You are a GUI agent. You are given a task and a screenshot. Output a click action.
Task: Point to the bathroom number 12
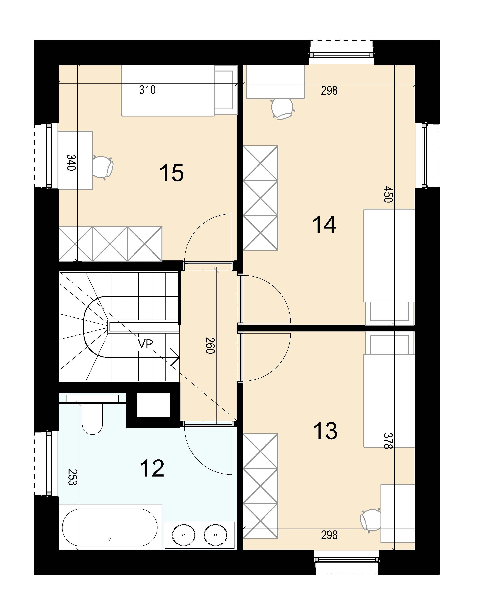(152, 468)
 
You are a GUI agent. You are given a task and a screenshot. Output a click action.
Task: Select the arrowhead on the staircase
(175, 357)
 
